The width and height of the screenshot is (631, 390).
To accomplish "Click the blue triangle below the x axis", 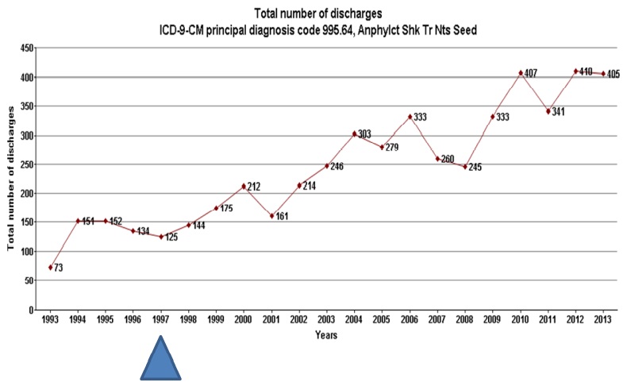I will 162,361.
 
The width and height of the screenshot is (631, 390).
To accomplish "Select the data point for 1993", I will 51,267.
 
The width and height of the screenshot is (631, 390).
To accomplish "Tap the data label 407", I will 531,74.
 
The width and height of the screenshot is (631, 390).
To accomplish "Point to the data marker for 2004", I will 354,133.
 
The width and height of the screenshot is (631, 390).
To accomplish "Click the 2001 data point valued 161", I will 271,215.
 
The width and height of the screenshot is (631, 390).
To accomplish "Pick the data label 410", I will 587,71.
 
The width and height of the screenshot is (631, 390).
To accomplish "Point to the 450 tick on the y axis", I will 26,48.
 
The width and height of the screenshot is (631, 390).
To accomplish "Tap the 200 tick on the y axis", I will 26,194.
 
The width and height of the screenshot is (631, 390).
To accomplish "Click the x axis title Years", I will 326,335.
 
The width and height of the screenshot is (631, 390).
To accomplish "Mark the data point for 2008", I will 465,167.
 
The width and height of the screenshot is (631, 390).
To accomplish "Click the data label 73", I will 59,268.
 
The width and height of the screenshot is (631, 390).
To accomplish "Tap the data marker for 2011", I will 548,111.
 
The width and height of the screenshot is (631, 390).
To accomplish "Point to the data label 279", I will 392,148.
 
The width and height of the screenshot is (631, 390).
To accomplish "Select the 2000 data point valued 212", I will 244,187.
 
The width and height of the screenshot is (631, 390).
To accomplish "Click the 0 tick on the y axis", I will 30,310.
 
